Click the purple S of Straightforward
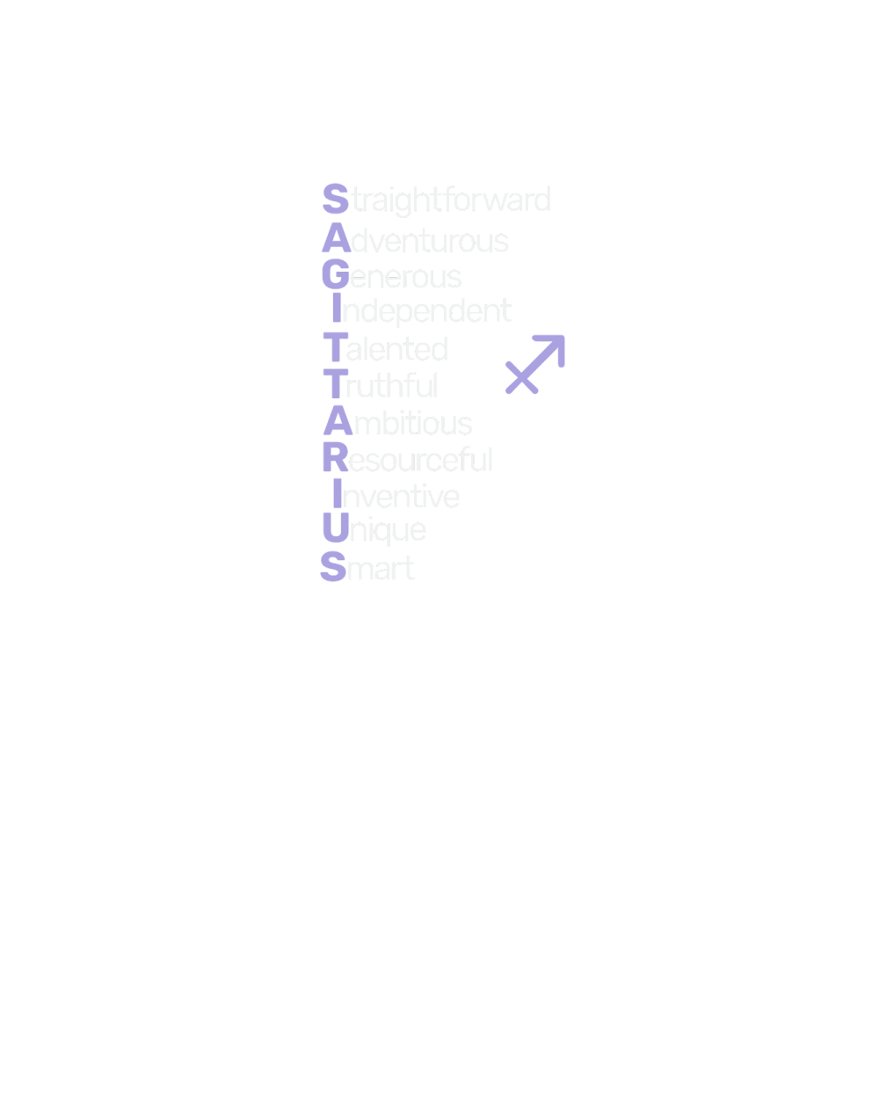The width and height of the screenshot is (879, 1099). pyautogui.click(x=335, y=199)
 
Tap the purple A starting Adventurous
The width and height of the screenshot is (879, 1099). pyautogui.click(x=336, y=239)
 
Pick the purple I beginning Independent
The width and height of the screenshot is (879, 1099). pyautogui.click(x=335, y=310)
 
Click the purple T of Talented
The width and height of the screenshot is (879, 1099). pyautogui.click(x=334, y=349)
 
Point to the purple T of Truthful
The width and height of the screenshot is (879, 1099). pyautogui.click(x=334, y=385)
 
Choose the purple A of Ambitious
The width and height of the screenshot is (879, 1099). pyautogui.click(x=337, y=422)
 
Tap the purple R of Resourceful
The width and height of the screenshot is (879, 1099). pyautogui.click(x=335, y=458)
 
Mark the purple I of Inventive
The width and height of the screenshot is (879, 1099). pyautogui.click(x=336, y=496)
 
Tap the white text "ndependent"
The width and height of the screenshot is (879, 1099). pyautogui.click(x=426, y=311)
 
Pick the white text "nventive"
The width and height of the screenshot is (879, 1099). pyautogui.click(x=401, y=497)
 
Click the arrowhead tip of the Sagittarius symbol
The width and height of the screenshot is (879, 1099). pyautogui.click(x=562, y=338)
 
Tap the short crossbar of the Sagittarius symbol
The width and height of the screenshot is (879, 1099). pyautogui.click(x=522, y=376)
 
